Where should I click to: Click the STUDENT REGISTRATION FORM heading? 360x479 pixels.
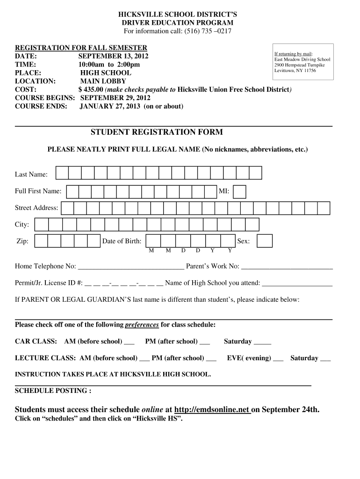coord(157,132)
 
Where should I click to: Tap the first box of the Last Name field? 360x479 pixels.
coord(62,173)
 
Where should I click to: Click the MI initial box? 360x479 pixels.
coord(239,191)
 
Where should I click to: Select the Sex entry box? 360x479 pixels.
coord(265,241)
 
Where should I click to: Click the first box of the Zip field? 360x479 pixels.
coord(42,241)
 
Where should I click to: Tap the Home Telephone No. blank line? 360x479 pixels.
coord(131,267)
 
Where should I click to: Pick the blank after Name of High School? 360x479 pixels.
coord(297,283)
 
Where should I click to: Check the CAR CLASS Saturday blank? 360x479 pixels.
coord(262,342)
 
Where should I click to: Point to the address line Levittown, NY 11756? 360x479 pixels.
coord(295,70)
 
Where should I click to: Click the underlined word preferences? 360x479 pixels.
coord(142,325)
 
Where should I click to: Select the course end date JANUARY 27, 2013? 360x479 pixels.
coord(110,106)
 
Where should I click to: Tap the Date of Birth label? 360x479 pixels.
coord(122,241)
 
